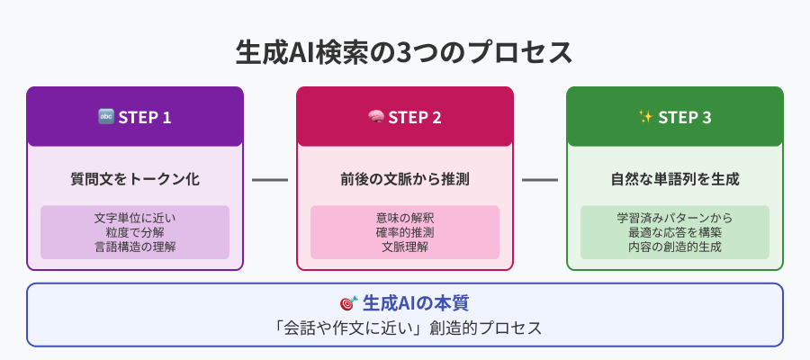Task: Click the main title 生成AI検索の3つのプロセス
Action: click(x=404, y=53)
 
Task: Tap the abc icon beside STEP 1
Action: click(x=105, y=117)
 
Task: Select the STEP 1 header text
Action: click(x=145, y=118)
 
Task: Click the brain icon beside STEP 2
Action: click(x=375, y=117)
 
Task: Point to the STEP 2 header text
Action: click(x=415, y=118)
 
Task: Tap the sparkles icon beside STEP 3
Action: click(x=645, y=117)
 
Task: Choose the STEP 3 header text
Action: click(x=685, y=118)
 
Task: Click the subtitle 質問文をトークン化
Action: click(x=135, y=179)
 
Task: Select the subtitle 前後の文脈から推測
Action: click(x=405, y=179)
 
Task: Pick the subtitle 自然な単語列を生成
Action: click(x=675, y=179)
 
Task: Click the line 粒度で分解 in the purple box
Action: click(x=135, y=232)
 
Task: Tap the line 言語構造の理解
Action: click(x=135, y=247)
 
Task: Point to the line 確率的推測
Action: click(x=405, y=232)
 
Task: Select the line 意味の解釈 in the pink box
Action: click(x=405, y=218)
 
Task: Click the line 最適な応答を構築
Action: click(x=675, y=232)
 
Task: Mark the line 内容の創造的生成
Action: click(x=675, y=247)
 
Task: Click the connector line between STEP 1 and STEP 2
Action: click(x=270, y=180)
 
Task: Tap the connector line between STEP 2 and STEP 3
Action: click(x=540, y=180)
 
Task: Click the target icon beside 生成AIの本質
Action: click(x=348, y=303)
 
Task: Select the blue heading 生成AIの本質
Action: click(x=416, y=303)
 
